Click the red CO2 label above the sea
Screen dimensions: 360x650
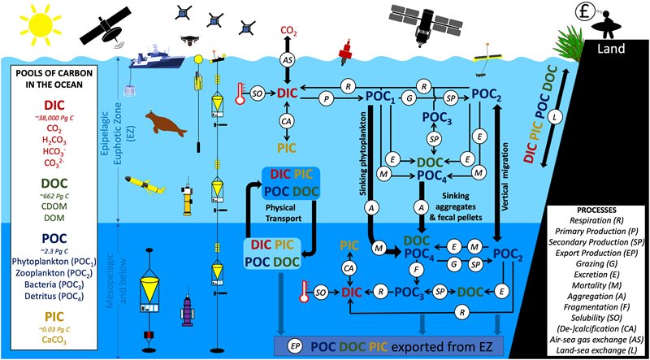pyautogui.click(x=288, y=33)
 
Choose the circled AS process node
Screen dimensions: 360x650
pyautogui.click(x=288, y=61)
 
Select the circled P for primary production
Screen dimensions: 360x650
pyautogui.click(x=327, y=95)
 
